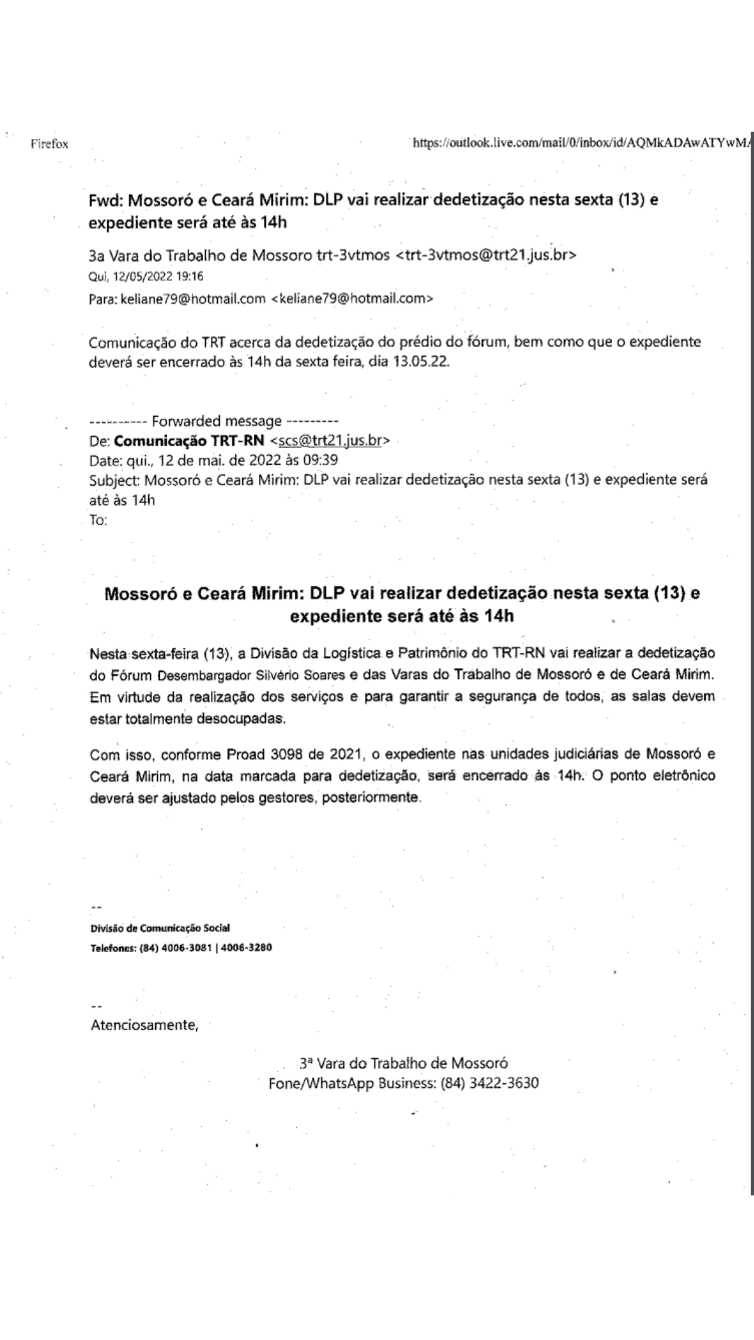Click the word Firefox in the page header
[49, 144]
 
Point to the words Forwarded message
[216, 421]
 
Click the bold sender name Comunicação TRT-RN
[189, 441]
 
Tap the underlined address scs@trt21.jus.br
[330, 441]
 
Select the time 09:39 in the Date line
[321, 461]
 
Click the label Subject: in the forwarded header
[114, 480]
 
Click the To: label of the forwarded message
[98, 521]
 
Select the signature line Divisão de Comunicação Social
[160, 928]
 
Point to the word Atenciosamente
[144, 1025]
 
